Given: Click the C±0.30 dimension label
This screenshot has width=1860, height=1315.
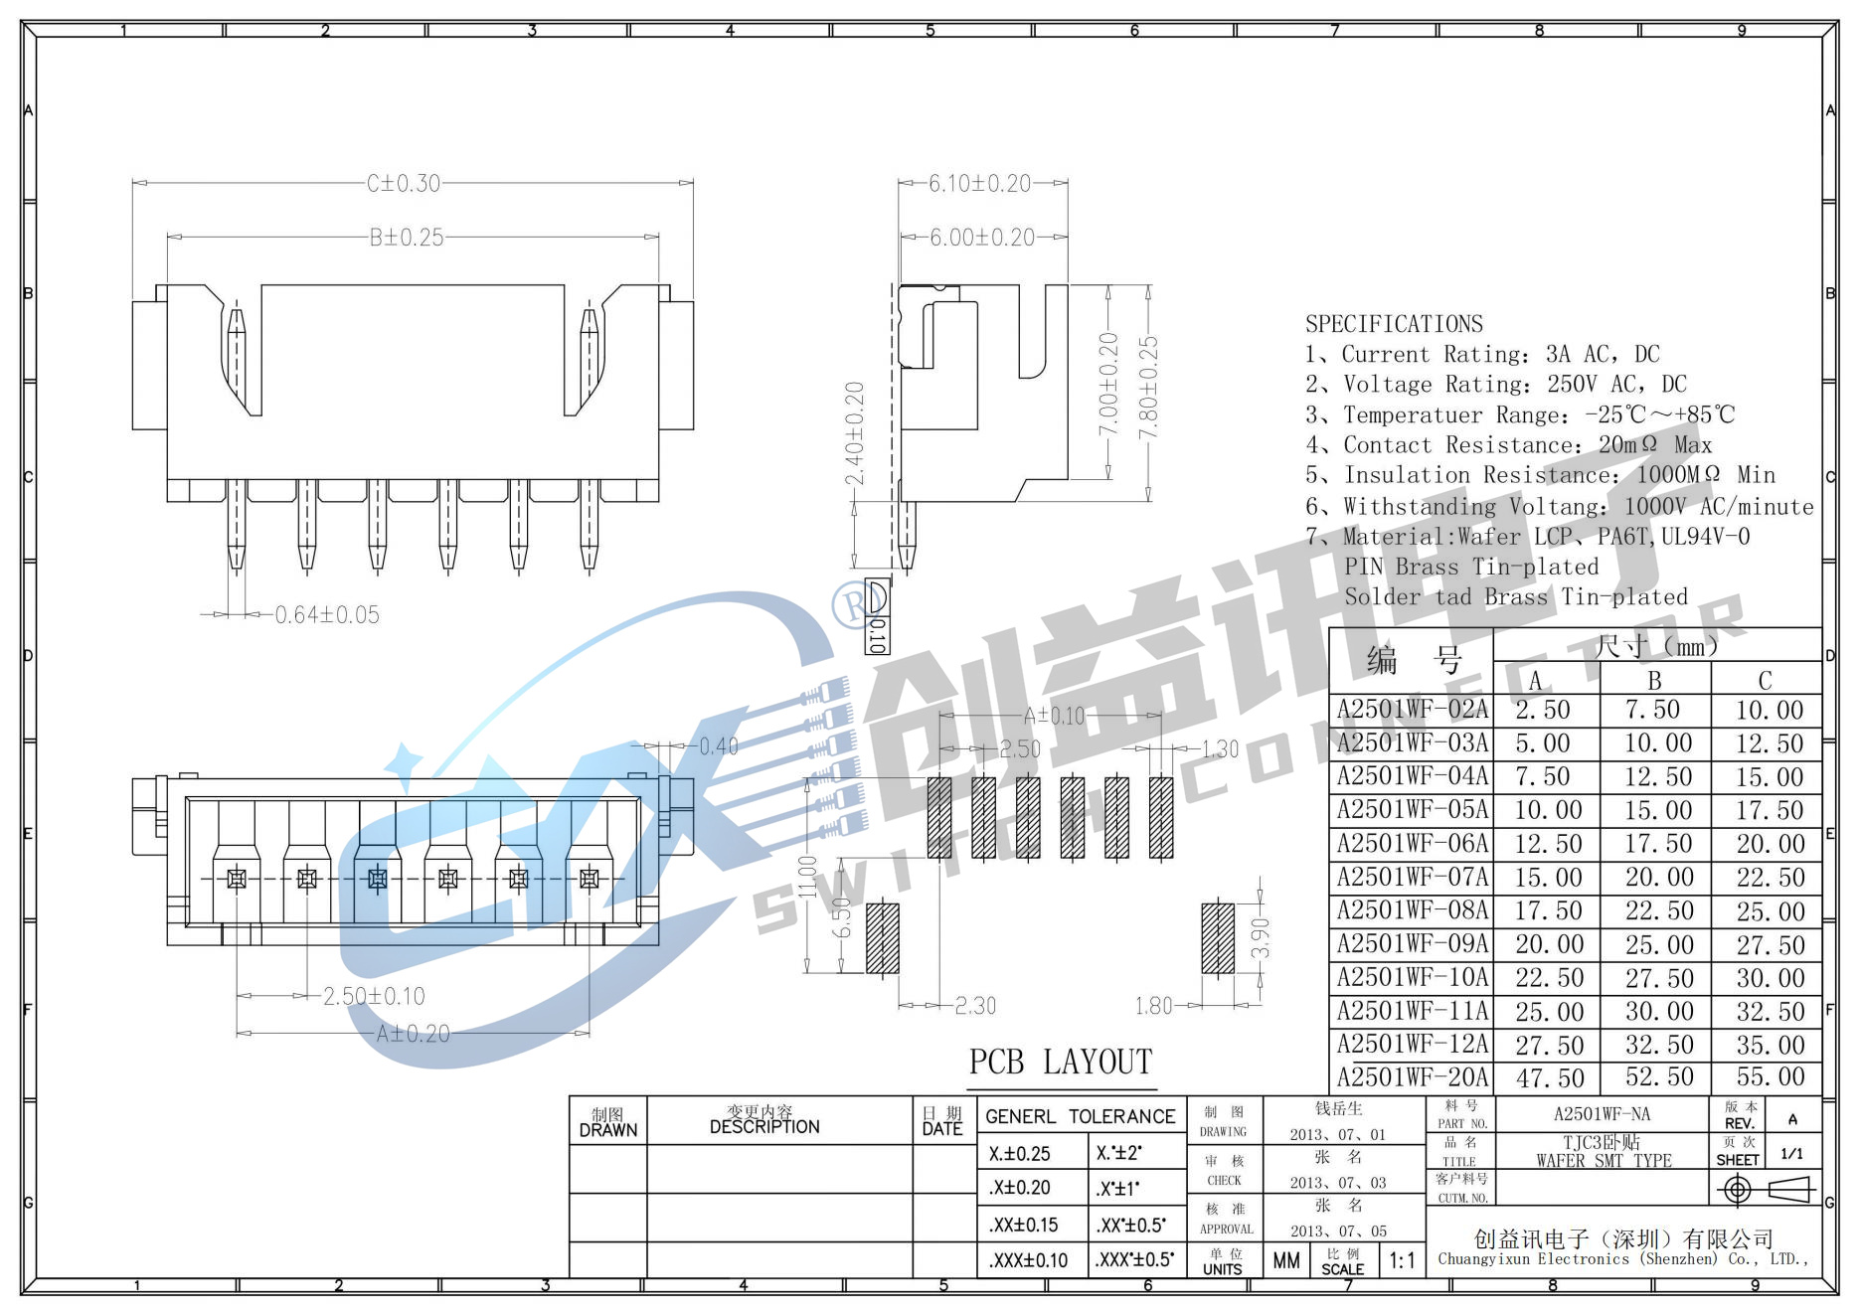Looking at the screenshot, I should pyautogui.click(x=403, y=184).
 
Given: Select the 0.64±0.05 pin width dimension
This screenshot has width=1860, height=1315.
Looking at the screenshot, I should pyautogui.click(x=327, y=615).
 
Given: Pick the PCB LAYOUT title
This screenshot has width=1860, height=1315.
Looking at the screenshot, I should pyautogui.click(x=1060, y=1063).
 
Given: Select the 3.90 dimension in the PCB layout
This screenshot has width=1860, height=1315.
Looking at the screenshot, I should pyautogui.click(x=1261, y=937).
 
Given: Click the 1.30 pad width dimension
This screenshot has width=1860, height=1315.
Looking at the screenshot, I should pyautogui.click(x=1220, y=749).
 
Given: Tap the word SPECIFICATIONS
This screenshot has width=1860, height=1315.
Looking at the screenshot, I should pyautogui.click(x=1394, y=324).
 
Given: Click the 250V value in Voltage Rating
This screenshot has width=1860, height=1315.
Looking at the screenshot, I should pyautogui.click(x=1574, y=385).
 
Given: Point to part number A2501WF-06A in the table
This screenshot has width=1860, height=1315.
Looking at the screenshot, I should pyautogui.click(x=1413, y=844).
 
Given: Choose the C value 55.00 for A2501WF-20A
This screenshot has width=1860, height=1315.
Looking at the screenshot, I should pyautogui.click(x=1770, y=1077).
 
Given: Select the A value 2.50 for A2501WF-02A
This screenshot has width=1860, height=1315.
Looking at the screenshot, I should pyautogui.click(x=1543, y=711).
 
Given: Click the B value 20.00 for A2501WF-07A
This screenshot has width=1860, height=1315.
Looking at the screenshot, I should pyautogui.click(x=1658, y=878).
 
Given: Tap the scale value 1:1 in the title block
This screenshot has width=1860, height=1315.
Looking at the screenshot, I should pyautogui.click(x=1402, y=1261).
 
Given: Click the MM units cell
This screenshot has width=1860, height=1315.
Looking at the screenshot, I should pyautogui.click(x=1286, y=1261).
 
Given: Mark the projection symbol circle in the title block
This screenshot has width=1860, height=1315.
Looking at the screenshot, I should pyautogui.click(x=1737, y=1189).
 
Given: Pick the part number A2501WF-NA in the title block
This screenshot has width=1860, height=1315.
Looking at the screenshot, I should pyautogui.click(x=1602, y=1114).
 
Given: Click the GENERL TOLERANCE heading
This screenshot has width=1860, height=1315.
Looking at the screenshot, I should pyautogui.click(x=1080, y=1117).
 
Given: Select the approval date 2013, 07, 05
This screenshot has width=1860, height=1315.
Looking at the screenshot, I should pyautogui.click(x=1338, y=1232).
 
